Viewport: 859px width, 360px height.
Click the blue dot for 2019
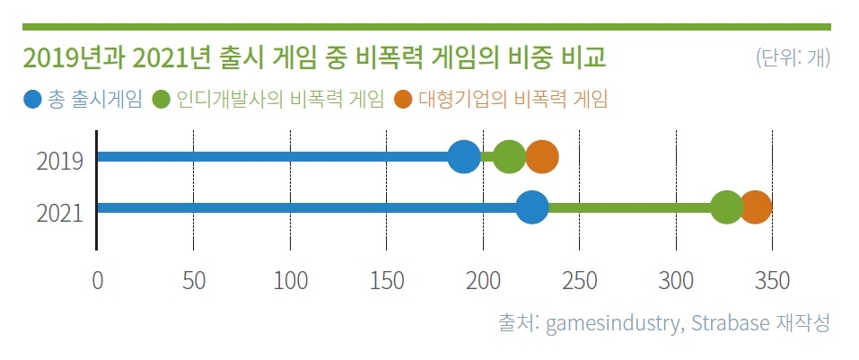point(463,157)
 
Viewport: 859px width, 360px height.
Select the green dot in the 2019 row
point(509,157)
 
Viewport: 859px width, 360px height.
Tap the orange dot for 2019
point(542,157)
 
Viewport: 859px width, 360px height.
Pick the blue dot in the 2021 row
point(531,208)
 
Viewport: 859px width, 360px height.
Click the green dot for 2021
point(726,208)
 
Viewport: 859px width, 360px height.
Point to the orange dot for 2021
point(755,208)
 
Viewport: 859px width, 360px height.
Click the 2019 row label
point(60,162)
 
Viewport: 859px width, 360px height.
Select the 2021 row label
point(60,213)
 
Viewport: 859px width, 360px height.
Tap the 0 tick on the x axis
point(97,281)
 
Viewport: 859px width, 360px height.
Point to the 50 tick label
point(194,281)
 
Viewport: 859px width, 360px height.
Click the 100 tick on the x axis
point(290,281)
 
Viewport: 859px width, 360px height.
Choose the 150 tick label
point(387,281)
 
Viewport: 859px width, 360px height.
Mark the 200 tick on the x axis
point(483,281)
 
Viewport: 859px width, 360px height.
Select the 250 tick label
point(580,281)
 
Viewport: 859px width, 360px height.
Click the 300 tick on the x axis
point(677,281)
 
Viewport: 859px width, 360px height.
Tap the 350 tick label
point(773,281)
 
